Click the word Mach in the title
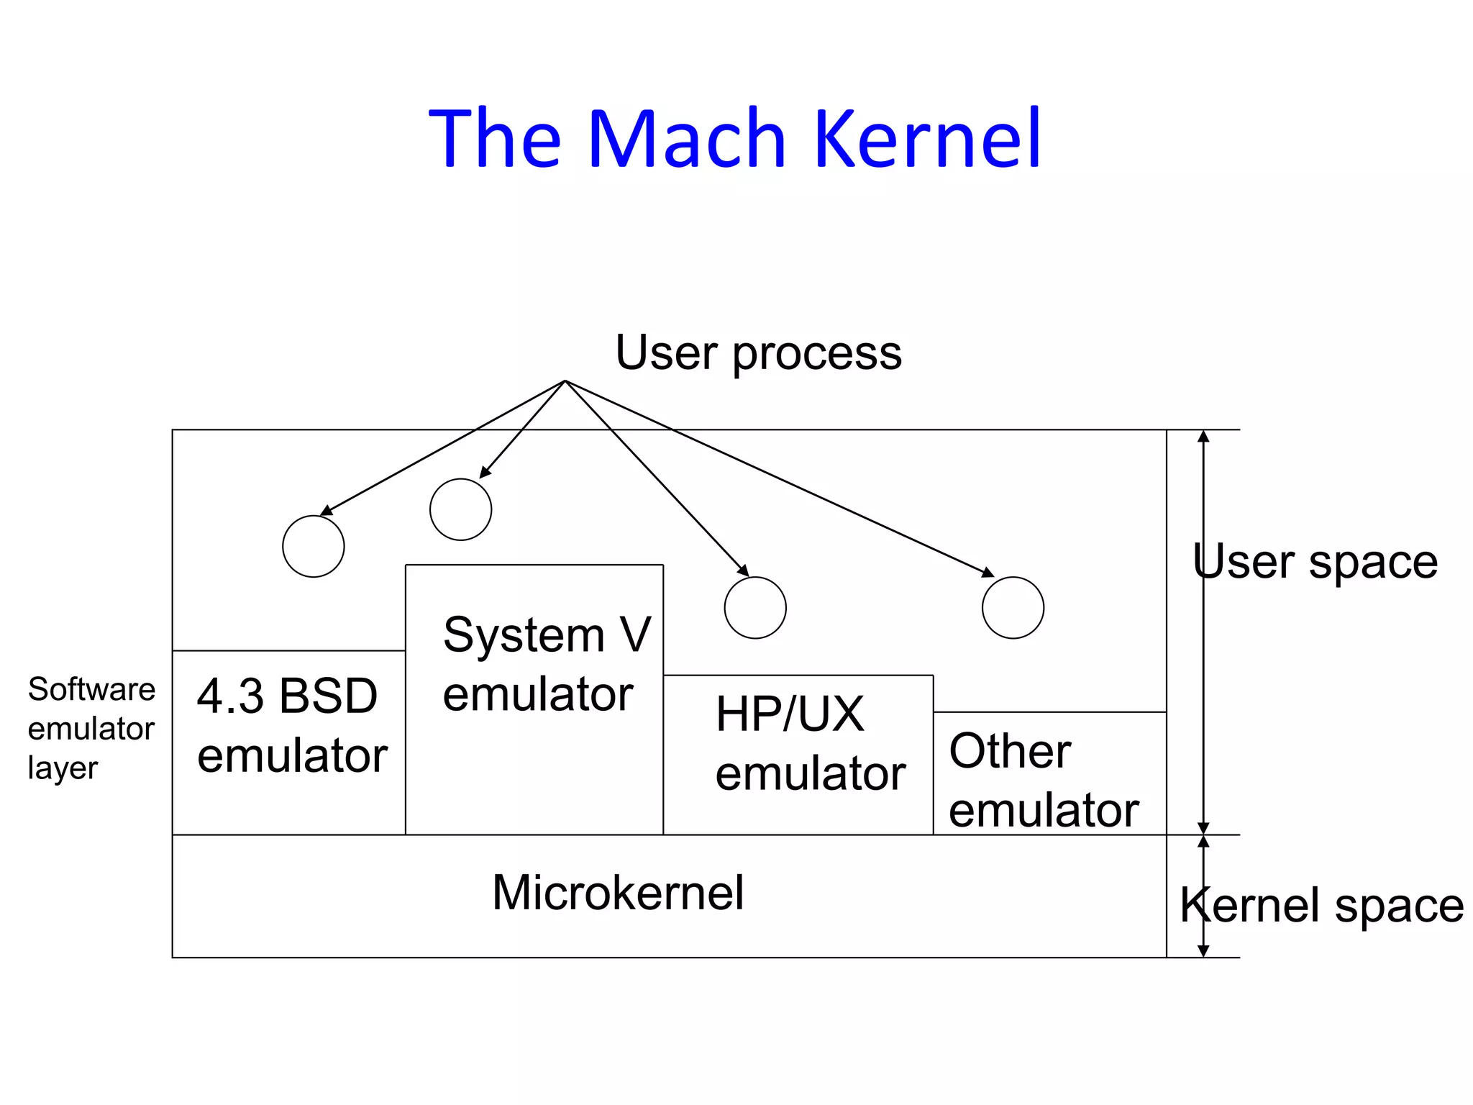pyautogui.click(x=687, y=138)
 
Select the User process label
pyautogui.click(x=758, y=353)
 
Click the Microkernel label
pyautogui.click(x=618, y=893)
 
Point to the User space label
pyautogui.click(x=1315, y=561)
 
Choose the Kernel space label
pyautogui.click(x=1322, y=905)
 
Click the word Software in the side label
pyautogui.click(x=91, y=689)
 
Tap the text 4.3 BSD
pyautogui.click(x=287, y=696)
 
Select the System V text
pyautogui.click(x=547, y=635)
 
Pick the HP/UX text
pyautogui.click(x=790, y=714)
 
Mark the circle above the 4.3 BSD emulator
pyautogui.click(x=314, y=546)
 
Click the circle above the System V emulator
pyautogui.click(x=460, y=509)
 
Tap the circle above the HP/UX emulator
pyautogui.click(x=755, y=607)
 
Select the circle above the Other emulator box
pyautogui.click(x=1013, y=607)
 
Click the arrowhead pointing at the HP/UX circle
pyautogui.click(x=744, y=570)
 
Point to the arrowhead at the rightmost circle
pyautogui.click(x=988, y=573)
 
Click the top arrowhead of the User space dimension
pyautogui.click(x=1203, y=436)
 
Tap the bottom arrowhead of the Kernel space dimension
pyautogui.click(x=1203, y=951)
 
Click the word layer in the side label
pyautogui.click(x=63, y=768)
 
